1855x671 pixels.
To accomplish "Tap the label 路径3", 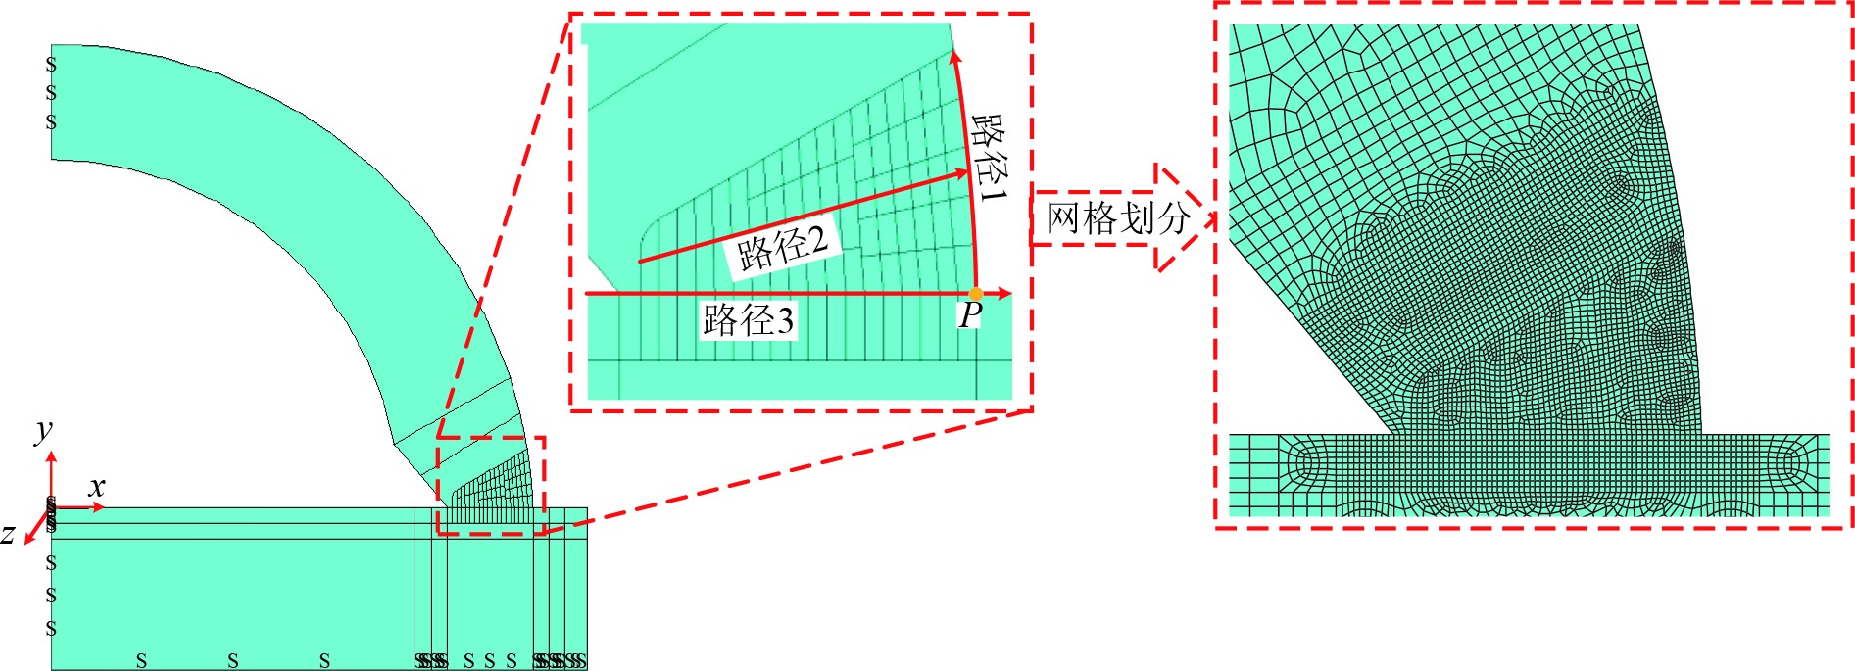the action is [x=748, y=319].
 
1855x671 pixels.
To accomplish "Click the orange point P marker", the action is [x=975, y=294].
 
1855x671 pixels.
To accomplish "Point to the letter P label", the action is [x=969, y=315].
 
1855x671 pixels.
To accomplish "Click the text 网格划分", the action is [x=1117, y=217].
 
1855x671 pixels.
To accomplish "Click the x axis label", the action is [x=96, y=487].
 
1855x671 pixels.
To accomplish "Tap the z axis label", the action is [x=9, y=534].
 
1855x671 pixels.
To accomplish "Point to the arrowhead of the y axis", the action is [x=51, y=455].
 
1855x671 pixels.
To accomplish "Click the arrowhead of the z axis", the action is [x=28, y=537].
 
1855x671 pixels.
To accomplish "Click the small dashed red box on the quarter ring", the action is [x=490, y=486].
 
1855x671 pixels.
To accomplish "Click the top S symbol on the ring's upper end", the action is [x=51, y=65].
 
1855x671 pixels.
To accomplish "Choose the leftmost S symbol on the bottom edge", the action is [x=141, y=661].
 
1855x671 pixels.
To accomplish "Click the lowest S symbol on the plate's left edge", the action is [x=51, y=628].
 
